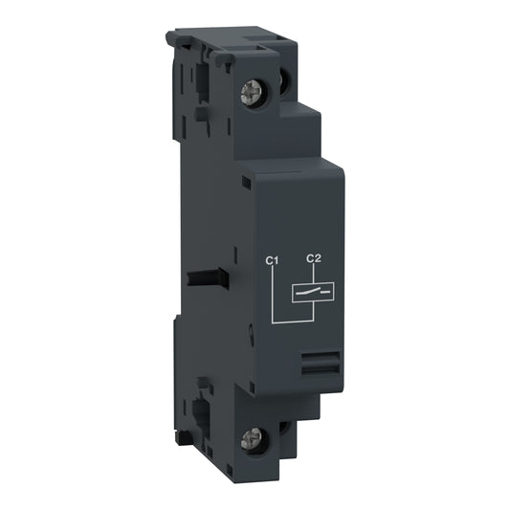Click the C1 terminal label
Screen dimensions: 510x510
(x=271, y=258)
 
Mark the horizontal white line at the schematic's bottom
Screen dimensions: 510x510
(x=292, y=322)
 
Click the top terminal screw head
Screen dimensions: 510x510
(x=257, y=92)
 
